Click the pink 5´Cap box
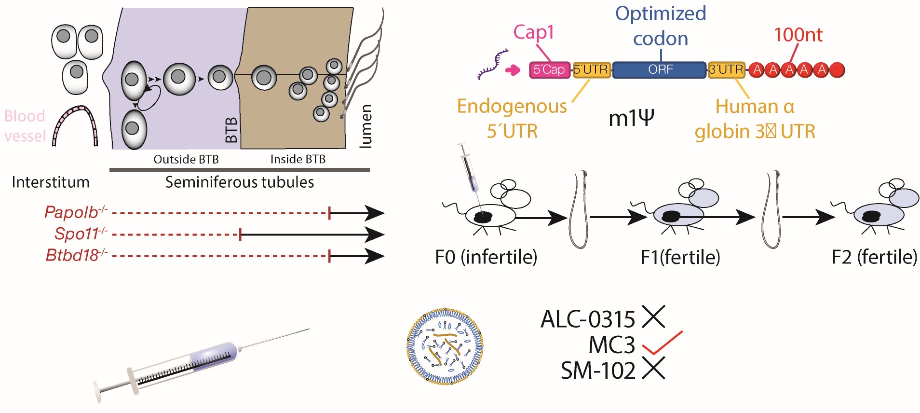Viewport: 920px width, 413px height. (549, 70)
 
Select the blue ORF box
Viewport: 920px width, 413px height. (660, 70)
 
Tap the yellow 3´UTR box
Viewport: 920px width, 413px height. (726, 70)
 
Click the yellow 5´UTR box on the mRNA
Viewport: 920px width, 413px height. (592, 70)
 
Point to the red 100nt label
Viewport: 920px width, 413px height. (798, 35)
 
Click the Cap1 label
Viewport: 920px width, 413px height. (533, 32)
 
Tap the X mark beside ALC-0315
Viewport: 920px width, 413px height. (653, 317)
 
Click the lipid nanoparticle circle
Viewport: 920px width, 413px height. (445, 346)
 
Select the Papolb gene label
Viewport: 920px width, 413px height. (71, 212)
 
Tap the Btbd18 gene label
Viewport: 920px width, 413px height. (72, 255)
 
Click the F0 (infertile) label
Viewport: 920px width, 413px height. (486, 257)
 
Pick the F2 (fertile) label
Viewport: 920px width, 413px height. (874, 257)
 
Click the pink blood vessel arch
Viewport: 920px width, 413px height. (75, 125)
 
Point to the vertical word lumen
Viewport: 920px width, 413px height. (366, 126)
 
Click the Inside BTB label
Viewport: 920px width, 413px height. (298, 159)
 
